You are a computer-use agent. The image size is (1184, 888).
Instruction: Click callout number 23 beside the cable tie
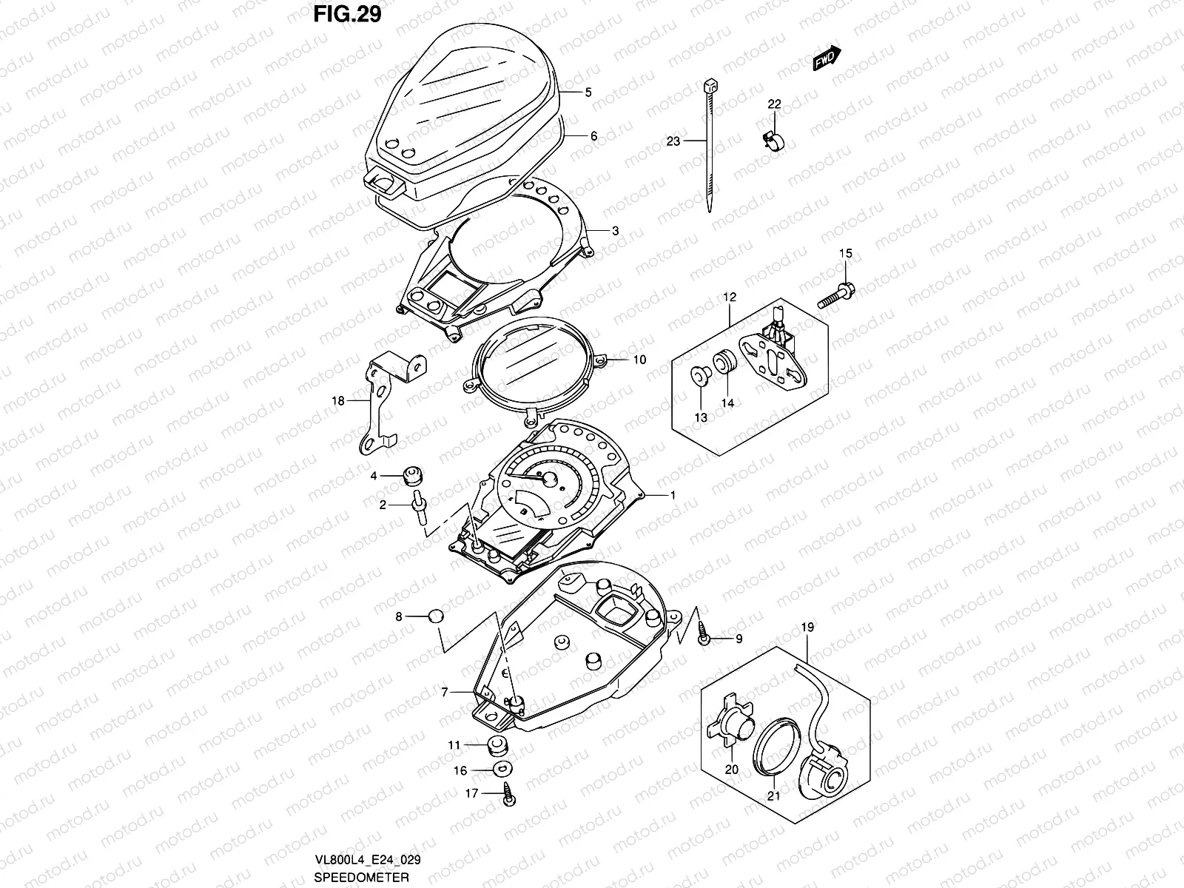pos(673,141)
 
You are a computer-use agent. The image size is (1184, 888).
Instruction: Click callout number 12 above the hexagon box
pos(730,297)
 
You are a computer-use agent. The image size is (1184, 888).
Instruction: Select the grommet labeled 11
pos(499,744)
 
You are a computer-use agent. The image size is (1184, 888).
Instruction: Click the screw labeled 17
pos(508,794)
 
